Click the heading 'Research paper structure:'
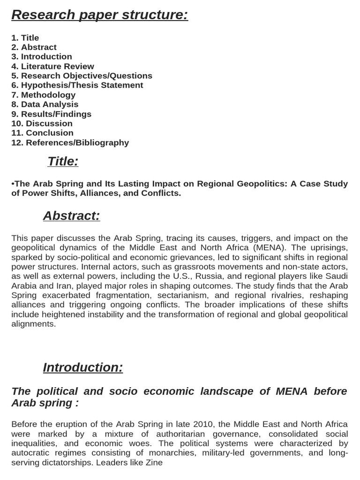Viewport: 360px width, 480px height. pyautogui.click(x=99, y=15)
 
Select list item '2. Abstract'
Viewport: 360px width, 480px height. pyautogui.click(x=34, y=47)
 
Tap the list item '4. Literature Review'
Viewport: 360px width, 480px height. pyautogui.click(x=52, y=67)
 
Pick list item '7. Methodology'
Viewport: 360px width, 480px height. pyautogui.click(x=43, y=95)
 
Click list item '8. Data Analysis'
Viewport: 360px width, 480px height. pyautogui.click(x=45, y=105)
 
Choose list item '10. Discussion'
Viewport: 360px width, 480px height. pyautogui.click(x=42, y=124)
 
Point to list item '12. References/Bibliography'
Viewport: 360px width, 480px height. pyautogui.click(x=70, y=143)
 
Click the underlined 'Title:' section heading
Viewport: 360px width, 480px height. pyautogui.click(x=63, y=162)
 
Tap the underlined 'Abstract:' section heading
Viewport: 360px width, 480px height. pyautogui.click(x=71, y=216)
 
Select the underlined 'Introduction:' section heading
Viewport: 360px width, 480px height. pyautogui.click(x=82, y=367)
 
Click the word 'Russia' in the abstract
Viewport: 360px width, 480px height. pyautogui.click(x=189, y=276)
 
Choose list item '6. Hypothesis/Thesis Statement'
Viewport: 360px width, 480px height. pyautogui.click(x=77, y=85)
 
